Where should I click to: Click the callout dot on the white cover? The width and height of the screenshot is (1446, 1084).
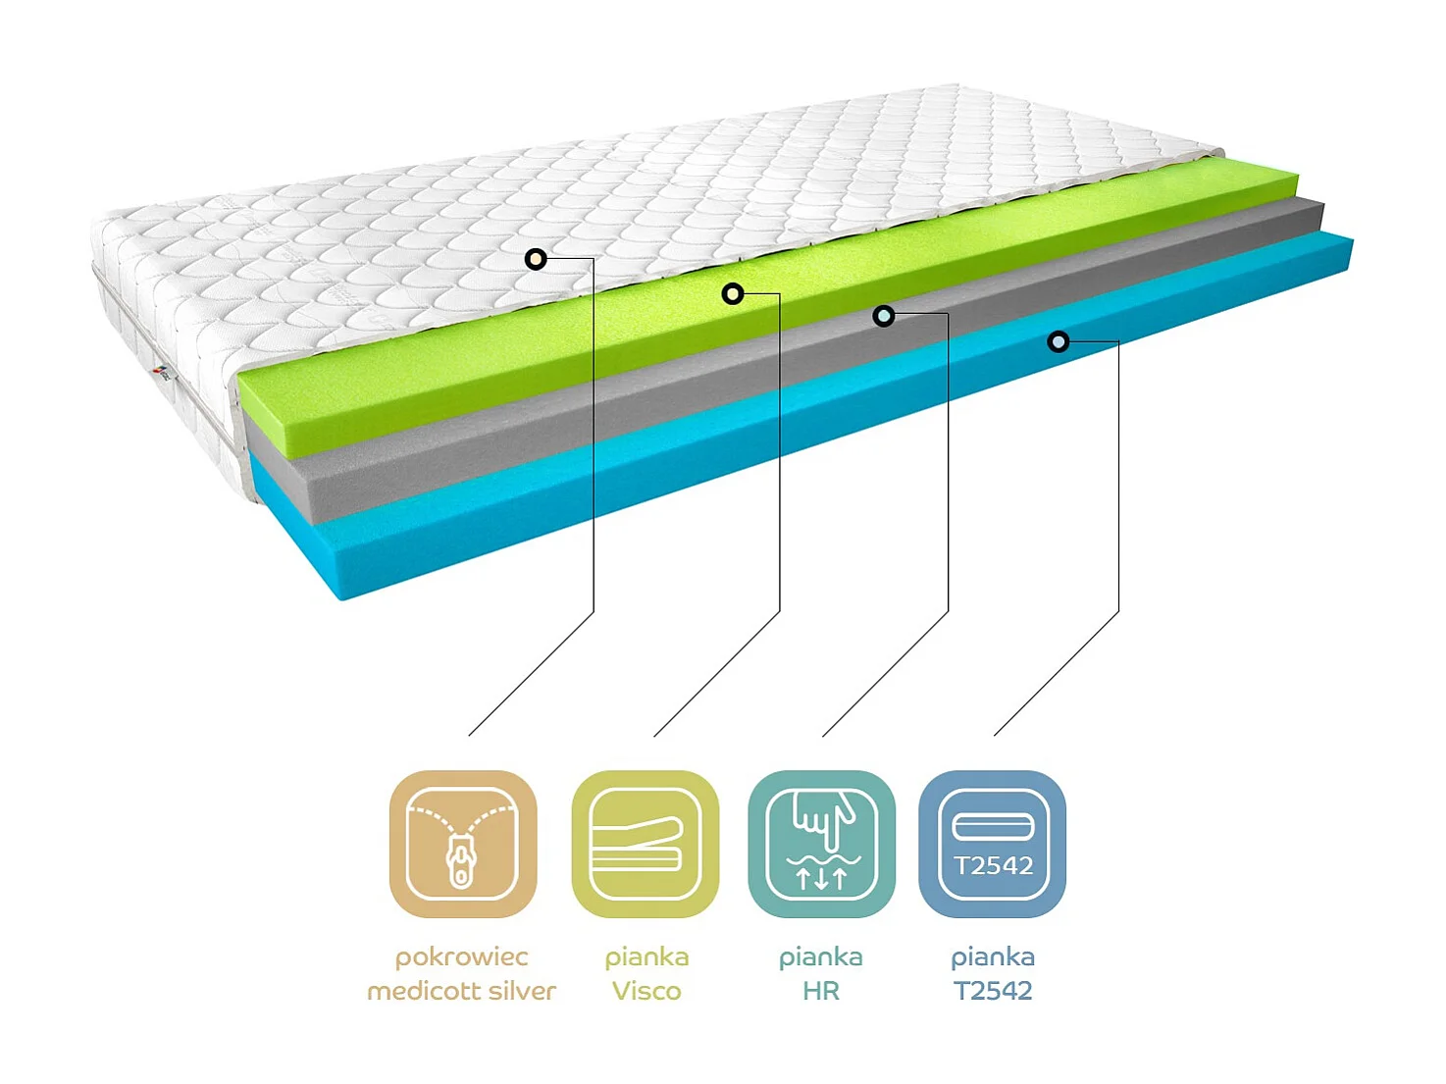[x=536, y=259]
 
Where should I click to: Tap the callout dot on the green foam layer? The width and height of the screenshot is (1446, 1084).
[x=733, y=293]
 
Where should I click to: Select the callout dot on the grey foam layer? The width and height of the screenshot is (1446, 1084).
[x=884, y=316]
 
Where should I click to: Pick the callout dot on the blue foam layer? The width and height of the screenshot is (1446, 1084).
[x=1058, y=341]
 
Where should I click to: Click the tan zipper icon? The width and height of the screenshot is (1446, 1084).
[x=463, y=845]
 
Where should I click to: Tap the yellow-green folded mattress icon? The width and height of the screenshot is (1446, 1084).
[x=646, y=845]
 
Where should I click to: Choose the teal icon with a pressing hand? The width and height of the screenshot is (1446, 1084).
[x=822, y=845]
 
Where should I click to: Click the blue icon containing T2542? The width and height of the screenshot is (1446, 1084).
[x=993, y=845]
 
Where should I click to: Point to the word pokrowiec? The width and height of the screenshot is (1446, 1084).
[x=461, y=956]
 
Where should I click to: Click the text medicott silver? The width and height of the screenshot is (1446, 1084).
[x=461, y=991]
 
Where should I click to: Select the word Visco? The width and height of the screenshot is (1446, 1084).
[x=646, y=991]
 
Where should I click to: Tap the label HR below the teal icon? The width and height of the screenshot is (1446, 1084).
[x=821, y=991]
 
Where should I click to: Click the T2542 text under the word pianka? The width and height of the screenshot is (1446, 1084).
[x=993, y=991]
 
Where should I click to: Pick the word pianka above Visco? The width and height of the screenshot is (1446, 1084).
[x=646, y=956]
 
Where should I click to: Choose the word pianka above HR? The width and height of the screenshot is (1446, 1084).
[x=821, y=956]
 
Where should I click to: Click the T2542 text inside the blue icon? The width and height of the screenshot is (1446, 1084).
[x=994, y=865]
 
